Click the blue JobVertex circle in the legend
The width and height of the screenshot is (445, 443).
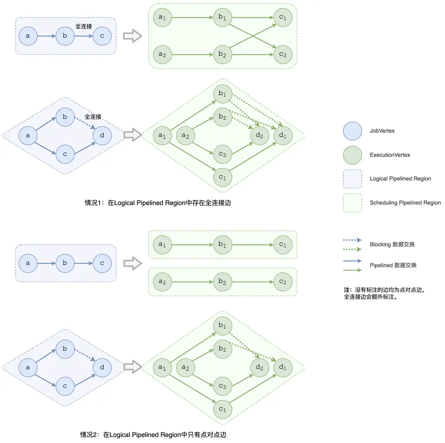pos(352,131)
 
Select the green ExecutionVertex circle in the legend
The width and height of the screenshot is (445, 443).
pos(352,155)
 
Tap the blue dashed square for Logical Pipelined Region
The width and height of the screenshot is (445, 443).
pos(352,179)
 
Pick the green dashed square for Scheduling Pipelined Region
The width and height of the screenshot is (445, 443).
pos(352,203)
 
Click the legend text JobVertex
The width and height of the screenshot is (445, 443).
pos(382,131)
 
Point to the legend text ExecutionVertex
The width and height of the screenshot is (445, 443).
pos(389,155)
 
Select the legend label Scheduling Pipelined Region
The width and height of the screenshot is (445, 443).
pos(405,203)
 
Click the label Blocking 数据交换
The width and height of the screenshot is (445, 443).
pos(392,244)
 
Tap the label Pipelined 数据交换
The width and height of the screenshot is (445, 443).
pos(393,265)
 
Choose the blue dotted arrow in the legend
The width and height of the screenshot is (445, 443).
pos(352,240)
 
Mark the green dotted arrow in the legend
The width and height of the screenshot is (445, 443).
pos(352,249)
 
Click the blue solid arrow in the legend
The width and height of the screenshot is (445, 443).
pos(352,261)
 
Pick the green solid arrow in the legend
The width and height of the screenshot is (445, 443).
pos(352,270)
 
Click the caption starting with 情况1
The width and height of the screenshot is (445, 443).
pos(158,203)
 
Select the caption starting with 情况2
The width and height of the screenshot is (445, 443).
pos(153,435)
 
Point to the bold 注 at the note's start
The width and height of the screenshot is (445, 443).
pos(347,290)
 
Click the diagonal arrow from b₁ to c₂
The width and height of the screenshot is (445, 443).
pos(252,36)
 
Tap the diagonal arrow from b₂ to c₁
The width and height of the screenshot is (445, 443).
pos(252,36)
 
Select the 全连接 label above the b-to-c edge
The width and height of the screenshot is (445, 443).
pos(83,26)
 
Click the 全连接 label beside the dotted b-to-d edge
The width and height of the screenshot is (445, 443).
pos(93,117)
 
